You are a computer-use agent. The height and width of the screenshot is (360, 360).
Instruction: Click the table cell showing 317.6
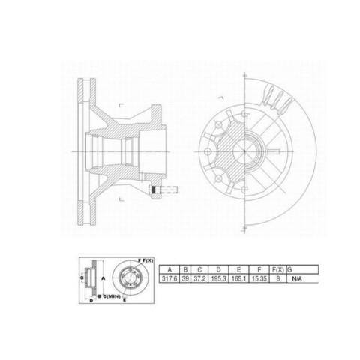coord(169,278)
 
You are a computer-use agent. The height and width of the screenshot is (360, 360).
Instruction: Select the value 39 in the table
coord(185,278)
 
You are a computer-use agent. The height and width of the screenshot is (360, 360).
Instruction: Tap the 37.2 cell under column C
coord(199,278)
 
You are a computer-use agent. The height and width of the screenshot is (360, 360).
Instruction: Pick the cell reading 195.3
coord(218,278)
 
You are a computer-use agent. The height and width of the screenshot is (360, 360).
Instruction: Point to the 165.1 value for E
coord(238,278)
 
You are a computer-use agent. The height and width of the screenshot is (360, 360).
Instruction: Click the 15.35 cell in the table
coord(259,278)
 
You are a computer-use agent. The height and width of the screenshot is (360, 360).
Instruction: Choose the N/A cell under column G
coord(297,278)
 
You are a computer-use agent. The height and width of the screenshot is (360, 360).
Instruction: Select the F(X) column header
coord(278,270)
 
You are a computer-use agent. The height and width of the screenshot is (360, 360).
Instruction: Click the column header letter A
coord(169,270)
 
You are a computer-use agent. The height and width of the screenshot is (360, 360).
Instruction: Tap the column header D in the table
coord(218,270)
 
